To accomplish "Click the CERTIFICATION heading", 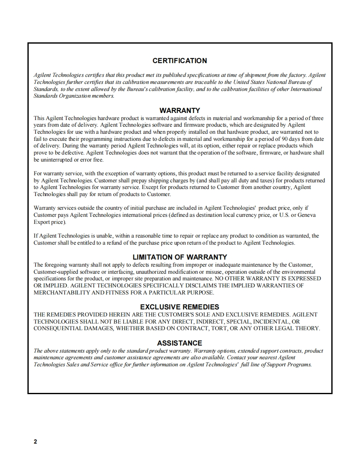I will [180, 61].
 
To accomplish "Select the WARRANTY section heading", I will [180, 110].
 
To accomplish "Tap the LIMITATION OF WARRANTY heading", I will [180, 257].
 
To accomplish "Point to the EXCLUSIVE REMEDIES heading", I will [180, 307].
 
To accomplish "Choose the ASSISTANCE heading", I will [180, 343].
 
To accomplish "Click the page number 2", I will [35, 441].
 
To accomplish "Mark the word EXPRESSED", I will [303, 278].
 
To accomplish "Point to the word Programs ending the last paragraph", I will [299, 365].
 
